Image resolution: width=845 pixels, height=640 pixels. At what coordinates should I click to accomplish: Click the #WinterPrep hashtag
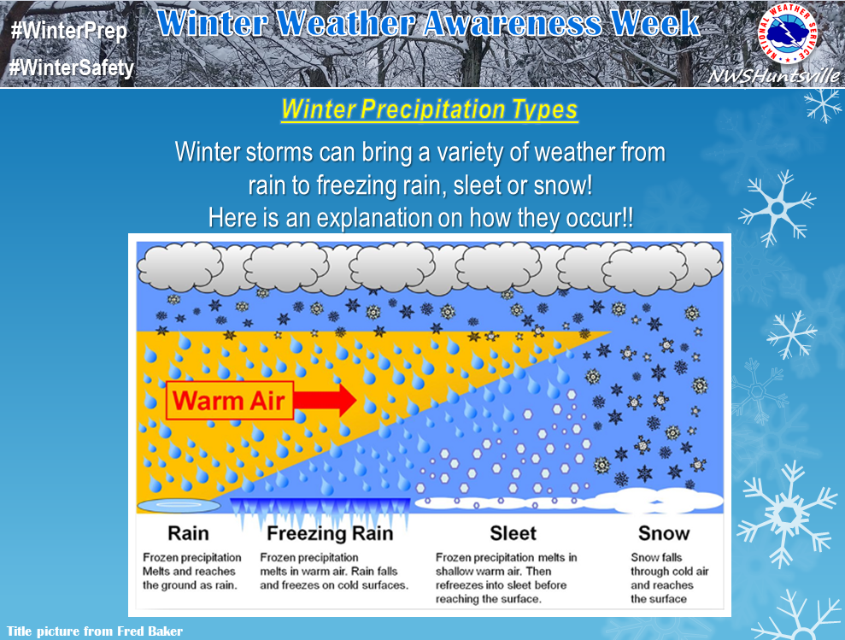click(69, 31)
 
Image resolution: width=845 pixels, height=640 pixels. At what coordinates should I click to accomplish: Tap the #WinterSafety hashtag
click(72, 68)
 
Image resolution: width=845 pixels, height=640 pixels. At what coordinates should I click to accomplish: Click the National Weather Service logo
click(788, 32)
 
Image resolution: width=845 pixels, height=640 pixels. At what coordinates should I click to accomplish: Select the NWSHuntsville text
click(774, 75)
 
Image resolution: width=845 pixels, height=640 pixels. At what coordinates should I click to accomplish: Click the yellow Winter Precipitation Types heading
click(430, 109)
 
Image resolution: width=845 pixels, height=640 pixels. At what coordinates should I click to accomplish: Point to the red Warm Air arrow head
click(345, 400)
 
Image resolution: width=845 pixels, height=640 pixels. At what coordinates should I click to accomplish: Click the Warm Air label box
click(230, 401)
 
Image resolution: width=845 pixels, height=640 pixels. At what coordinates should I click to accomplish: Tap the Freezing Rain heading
click(330, 533)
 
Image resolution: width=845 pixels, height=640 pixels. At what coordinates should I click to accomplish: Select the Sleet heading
click(513, 533)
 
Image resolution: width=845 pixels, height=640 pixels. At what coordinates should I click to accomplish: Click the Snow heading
click(664, 533)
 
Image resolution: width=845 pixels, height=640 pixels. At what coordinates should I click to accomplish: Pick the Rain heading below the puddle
click(188, 533)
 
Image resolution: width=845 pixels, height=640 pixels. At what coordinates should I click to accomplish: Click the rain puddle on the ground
click(179, 505)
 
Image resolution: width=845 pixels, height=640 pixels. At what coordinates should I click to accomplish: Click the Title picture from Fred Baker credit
click(94, 631)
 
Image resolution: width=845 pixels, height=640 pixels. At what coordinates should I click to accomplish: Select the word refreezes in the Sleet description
click(459, 585)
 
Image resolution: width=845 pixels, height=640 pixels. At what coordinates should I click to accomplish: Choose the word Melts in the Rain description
click(156, 571)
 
